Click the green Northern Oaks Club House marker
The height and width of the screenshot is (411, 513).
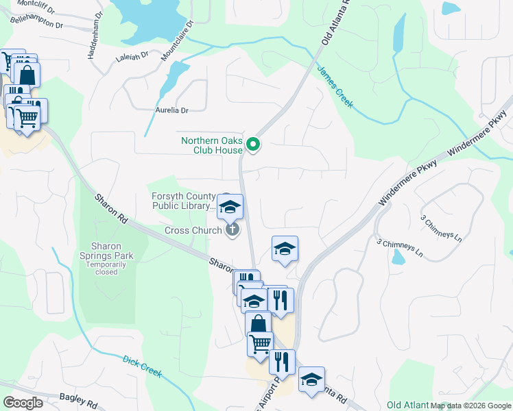tap(253, 144)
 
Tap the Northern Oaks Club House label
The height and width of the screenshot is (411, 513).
tap(212, 145)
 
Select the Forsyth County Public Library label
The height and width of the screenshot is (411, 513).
tap(183, 201)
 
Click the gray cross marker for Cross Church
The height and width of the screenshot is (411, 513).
tap(232, 229)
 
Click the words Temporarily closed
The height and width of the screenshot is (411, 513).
tap(106, 267)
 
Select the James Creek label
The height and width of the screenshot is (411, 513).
tap(335, 86)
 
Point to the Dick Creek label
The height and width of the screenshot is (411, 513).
tap(142, 366)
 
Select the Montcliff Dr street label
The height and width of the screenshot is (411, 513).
tap(25, 3)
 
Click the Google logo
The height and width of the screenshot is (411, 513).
tap(23, 403)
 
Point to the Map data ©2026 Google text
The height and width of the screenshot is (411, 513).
tap(470, 405)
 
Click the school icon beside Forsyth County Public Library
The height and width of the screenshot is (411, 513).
tap(230, 206)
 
